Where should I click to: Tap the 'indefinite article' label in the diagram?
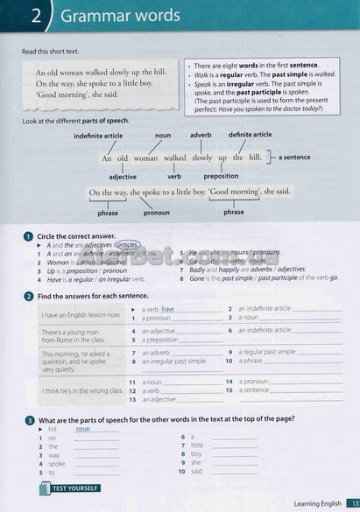tap(99, 137)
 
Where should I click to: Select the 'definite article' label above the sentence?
tap(251, 135)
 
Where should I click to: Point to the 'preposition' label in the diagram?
tap(221, 176)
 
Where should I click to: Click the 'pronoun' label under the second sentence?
tap(157, 212)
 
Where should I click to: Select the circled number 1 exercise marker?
tap(29, 236)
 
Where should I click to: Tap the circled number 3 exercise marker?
tap(29, 421)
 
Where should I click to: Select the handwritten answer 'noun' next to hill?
tap(84, 429)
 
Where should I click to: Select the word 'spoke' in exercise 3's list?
tap(58, 463)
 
